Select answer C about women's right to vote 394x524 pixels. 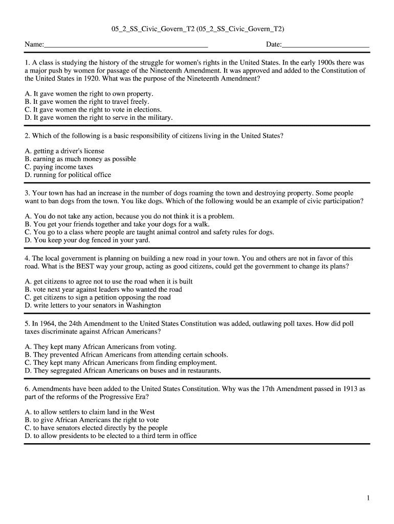[93, 110]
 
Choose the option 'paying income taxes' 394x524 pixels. [59, 167]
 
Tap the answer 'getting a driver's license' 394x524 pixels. [64, 151]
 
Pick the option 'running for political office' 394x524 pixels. [68, 175]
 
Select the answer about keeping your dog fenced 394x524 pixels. [87, 239]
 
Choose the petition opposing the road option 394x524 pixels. [98, 297]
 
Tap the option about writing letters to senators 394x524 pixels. [93, 305]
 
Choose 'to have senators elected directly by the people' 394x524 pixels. [96, 428]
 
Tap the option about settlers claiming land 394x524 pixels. [90, 412]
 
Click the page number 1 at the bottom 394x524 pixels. [367, 498]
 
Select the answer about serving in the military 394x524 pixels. [99, 118]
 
